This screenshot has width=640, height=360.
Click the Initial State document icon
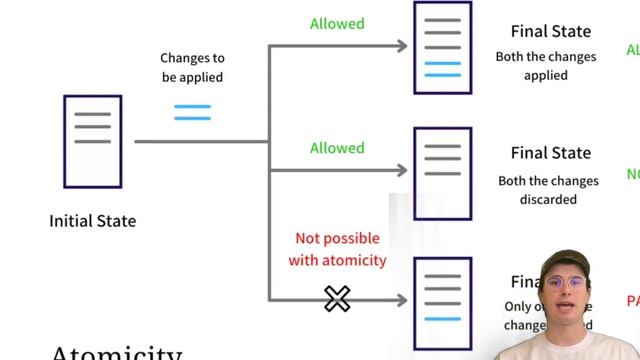coord(92,141)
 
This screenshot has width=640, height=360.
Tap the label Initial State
coord(92,220)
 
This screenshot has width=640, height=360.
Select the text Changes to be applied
coord(192,68)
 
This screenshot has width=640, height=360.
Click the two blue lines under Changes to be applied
coord(192,112)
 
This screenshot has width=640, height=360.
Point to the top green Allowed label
coord(337,24)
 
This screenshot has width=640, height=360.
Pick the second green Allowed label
coord(337,148)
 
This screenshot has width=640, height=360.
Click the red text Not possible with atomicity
coord(337,250)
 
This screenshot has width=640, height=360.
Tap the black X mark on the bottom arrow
coord(337,298)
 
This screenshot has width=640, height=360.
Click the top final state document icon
coord(442,48)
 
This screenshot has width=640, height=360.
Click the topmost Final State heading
coord(550,32)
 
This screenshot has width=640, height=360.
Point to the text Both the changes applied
coord(546,66)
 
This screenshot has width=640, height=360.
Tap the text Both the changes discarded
coord(548,190)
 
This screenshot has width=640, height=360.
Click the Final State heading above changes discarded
coord(550,154)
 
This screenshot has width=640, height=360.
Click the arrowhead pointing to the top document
coord(403,46)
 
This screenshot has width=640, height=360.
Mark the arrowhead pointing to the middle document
coord(403,170)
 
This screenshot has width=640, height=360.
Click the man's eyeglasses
coord(567,283)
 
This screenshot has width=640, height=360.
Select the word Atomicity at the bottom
coord(116,353)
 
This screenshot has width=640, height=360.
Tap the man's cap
coord(565,261)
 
